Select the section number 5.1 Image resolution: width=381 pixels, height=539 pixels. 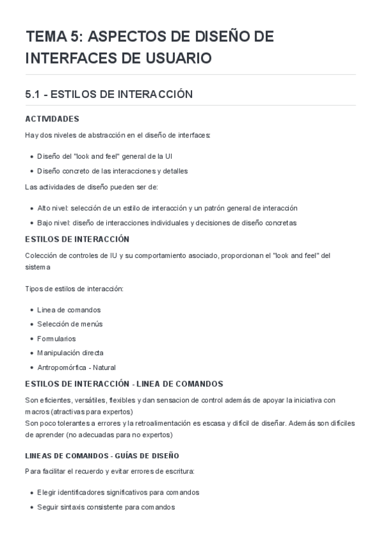click(33, 94)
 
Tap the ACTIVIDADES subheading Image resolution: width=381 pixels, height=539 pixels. click(52, 119)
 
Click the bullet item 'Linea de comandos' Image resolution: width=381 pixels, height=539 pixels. click(69, 310)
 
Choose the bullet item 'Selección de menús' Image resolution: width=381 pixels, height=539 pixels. click(70, 324)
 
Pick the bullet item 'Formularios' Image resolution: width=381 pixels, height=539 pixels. click(57, 339)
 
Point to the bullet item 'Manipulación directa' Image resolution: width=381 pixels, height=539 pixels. click(71, 353)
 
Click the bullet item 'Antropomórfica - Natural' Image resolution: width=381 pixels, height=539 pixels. click(76, 367)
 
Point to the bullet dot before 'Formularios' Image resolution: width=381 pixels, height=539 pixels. click(32, 339)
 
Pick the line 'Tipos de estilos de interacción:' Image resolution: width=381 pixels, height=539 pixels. click(74, 289)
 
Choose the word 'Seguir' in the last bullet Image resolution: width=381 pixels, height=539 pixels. click(48, 507)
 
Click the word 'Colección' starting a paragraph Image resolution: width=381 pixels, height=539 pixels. click(40, 256)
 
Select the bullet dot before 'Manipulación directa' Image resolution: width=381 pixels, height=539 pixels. click(32, 353)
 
